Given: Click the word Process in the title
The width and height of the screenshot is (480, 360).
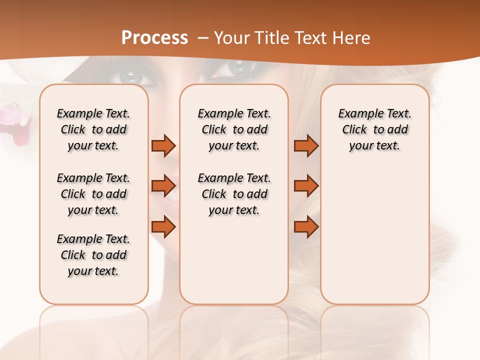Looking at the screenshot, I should pyautogui.click(x=154, y=38).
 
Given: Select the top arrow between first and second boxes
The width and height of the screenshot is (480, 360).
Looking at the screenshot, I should pyautogui.click(x=163, y=146).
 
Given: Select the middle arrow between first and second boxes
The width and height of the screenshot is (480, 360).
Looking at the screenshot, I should pyautogui.click(x=163, y=186).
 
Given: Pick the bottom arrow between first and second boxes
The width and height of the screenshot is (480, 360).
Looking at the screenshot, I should pyautogui.click(x=163, y=227).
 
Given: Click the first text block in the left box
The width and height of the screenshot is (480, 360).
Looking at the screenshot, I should pyautogui.click(x=93, y=130).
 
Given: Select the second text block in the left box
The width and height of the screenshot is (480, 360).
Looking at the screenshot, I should pyautogui.click(x=93, y=194).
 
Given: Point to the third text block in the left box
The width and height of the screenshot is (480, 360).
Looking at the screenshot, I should pyautogui.click(x=93, y=255).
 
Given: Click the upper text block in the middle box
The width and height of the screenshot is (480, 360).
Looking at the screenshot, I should pyautogui.click(x=234, y=130).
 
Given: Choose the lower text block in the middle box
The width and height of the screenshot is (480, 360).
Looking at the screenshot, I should pyautogui.click(x=234, y=194).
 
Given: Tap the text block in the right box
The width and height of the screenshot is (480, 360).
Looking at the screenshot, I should pyautogui.click(x=374, y=130).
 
